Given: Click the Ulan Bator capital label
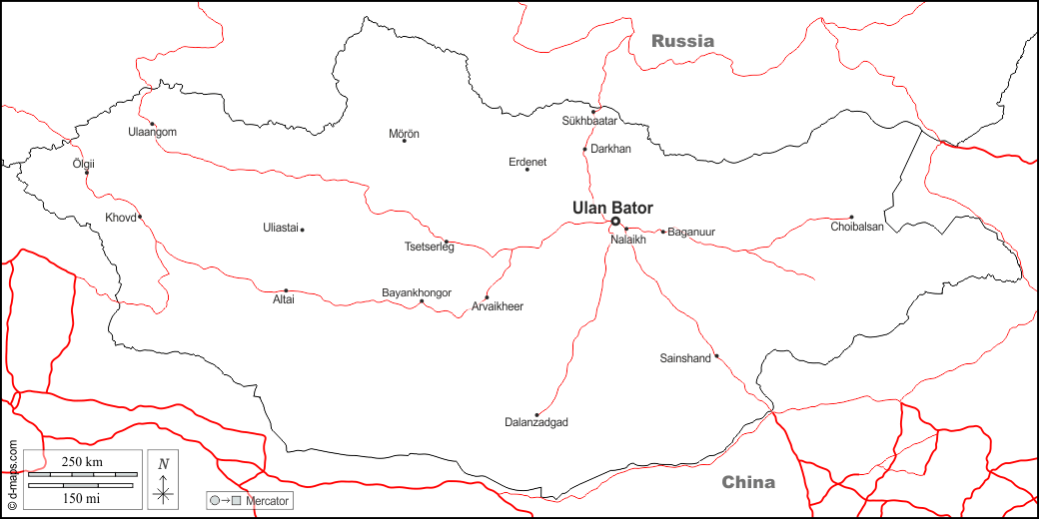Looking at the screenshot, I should [x=612, y=208].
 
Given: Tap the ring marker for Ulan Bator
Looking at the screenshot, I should [x=615, y=222].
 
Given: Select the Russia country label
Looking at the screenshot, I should [x=682, y=41].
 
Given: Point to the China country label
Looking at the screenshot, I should [x=748, y=482].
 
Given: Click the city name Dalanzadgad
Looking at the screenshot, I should [x=536, y=423].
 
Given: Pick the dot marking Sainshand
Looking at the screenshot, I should [x=716, y=355].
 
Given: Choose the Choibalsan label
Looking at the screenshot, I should [x=857, y=228].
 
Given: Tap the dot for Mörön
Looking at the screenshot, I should [x=405, y=141].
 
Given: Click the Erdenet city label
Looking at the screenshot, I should [x=527, y=162].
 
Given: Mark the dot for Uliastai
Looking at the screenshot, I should [x=302, y=230].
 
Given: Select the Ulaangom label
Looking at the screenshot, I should [x=152, y=132].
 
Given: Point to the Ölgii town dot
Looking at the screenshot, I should [x=87, y=173].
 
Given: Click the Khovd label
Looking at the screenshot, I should [x=119, y=217].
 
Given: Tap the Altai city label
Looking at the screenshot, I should [x=284, y=299].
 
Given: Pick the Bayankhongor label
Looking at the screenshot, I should [x=417, y=292].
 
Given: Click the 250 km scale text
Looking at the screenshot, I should [x=82, y=462].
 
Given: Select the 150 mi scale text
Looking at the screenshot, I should [x=82, y=496].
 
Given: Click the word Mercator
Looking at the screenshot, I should [x=267, y=499].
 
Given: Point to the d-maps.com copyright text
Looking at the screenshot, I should [x=12, y=475].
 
